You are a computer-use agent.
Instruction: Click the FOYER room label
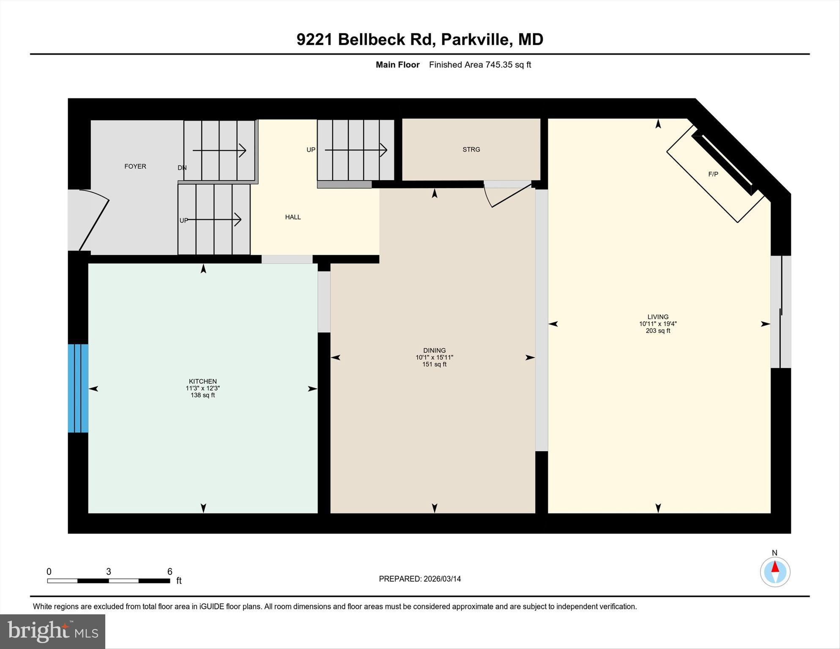point(135,166)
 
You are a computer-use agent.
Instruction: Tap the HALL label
point(293,217)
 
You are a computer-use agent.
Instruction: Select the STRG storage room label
point(471,149)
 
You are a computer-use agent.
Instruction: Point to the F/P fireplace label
point(713,174)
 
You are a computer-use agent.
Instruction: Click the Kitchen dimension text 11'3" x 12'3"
point(202,388)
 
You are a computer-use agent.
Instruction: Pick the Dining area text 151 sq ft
point(434,364)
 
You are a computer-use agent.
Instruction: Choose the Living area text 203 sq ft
point(658,331)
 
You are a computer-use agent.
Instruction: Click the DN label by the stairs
point(182,167)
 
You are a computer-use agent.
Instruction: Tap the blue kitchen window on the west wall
point(78,388)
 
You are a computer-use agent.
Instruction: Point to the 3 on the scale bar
point(109,572)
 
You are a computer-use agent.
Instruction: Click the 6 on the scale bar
point(170,572)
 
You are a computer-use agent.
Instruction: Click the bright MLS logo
point(52,632)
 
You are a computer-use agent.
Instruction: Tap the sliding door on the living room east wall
point(781,312)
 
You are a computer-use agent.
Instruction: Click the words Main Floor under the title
point(397,65)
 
